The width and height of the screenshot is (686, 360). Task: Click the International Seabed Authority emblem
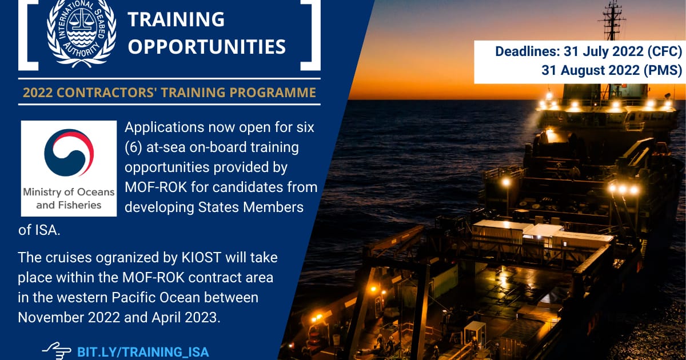(x=81, y=32)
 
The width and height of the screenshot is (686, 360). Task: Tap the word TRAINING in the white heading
(x=176, y=19)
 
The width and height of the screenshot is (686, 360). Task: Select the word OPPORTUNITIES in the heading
(x=207, y=46)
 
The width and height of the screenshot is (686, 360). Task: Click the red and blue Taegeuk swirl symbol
(x=69, y=153)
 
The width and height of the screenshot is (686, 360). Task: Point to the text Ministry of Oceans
(x=69, y=192)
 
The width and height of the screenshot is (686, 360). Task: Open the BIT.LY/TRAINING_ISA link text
(x=143, y=352)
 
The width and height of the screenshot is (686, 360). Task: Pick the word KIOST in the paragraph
(x=201, y=258)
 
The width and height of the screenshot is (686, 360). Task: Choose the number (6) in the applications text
(x=134, y=147)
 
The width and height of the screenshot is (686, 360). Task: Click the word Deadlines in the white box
(x=528, y=51)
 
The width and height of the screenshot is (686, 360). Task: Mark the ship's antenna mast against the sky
(x=612, y=20)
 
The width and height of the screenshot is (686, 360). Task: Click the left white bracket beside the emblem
(x=29, y=35)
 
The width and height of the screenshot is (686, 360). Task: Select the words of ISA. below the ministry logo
(x=39, y=230)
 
